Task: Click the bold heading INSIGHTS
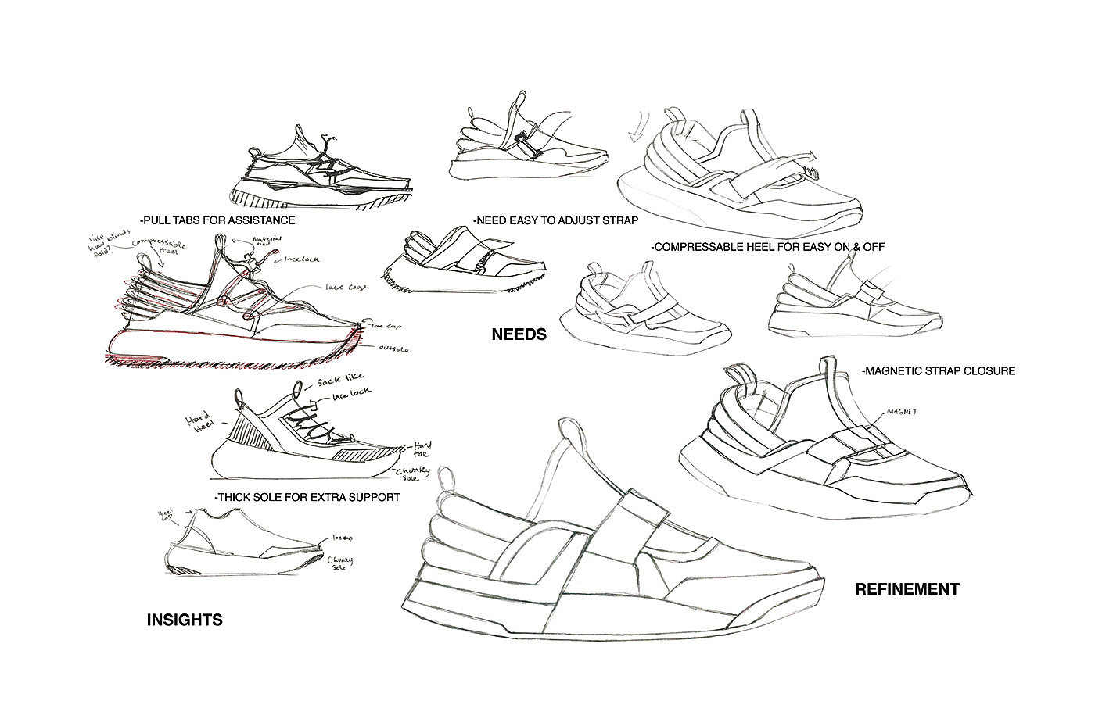[185, 620]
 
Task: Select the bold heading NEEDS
[519, 334]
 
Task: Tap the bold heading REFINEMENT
[907, 589]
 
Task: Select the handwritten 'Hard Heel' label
[195, 422]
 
